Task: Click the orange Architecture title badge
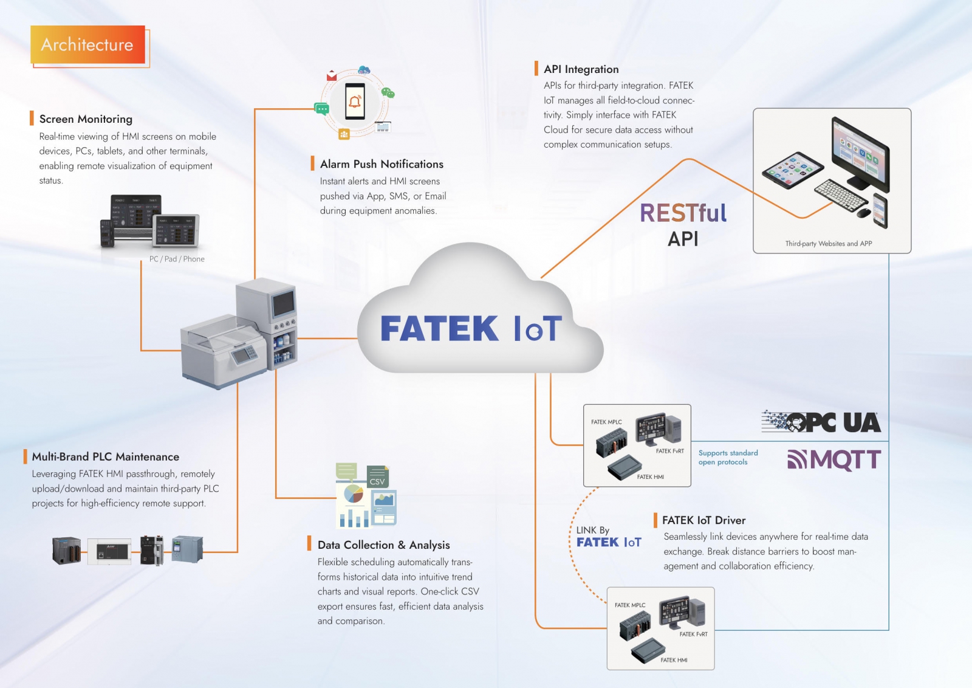coord(87,44)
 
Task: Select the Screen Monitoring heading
coord(86,119)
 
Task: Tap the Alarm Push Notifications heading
coord(382,164)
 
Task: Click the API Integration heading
coord(581,69)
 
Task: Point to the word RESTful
coord(683,213)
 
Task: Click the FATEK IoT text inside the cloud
coord(471,329)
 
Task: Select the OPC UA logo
coord(821,422)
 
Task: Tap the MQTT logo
coord(834,460)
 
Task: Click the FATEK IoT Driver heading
coord(703,520)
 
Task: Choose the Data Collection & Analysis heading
coord(383,545)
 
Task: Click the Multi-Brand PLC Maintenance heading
coord(105,457)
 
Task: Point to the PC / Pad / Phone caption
coord(177,259)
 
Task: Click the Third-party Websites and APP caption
coord(828,244)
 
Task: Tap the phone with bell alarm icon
coord(355,101)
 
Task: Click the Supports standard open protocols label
coord(728,458)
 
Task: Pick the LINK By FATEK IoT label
coord(607,537)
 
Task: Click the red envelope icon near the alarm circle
coord(332,76)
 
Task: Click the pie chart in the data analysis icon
coord(354,494)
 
